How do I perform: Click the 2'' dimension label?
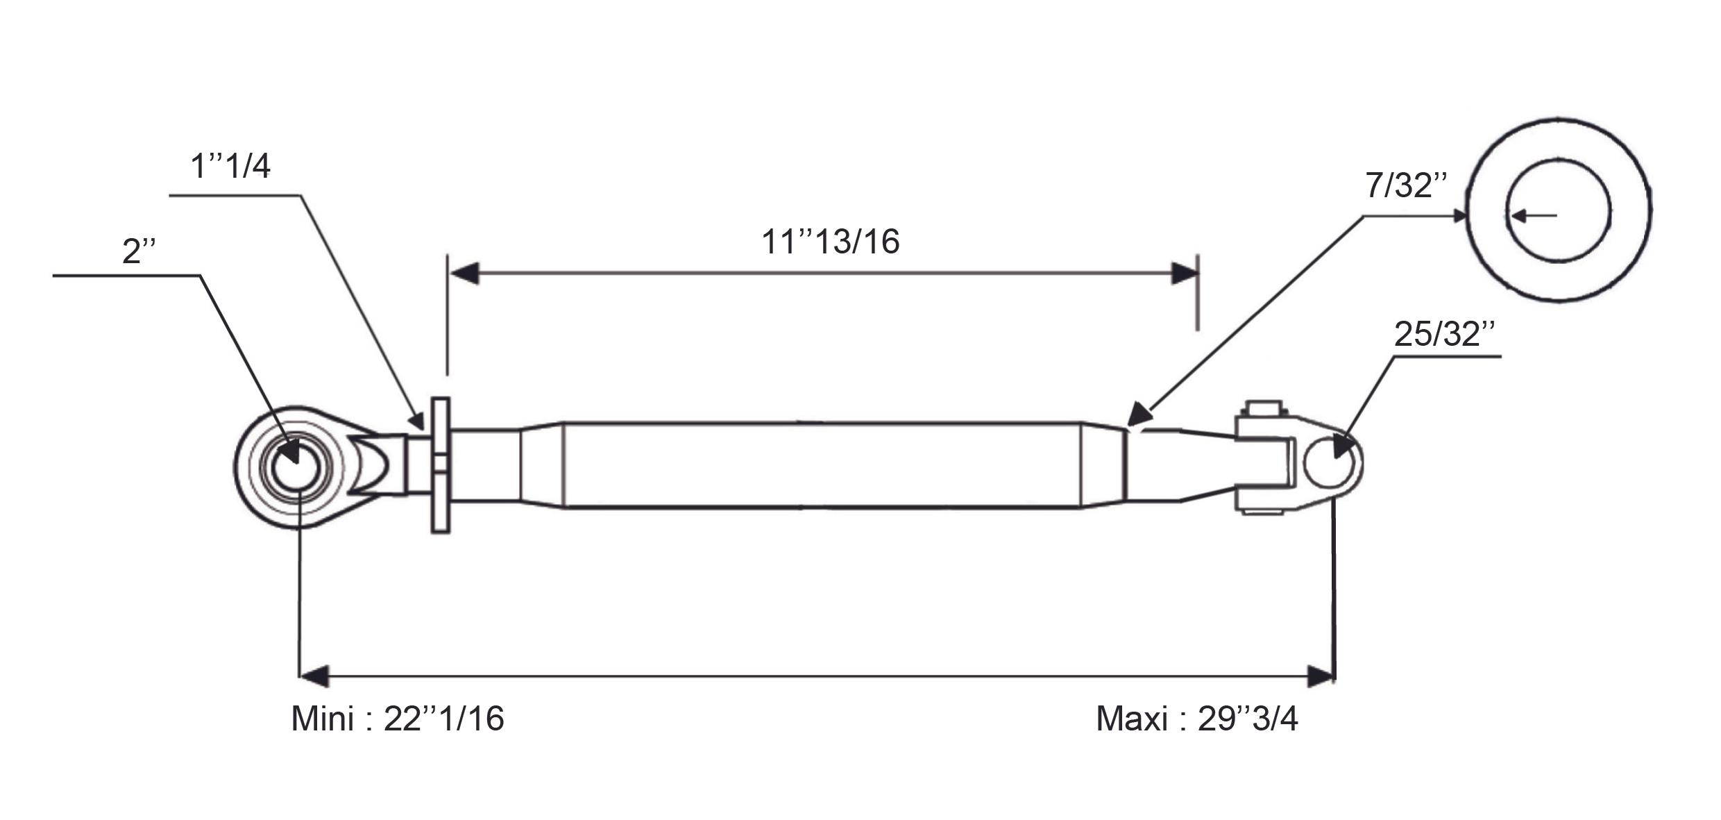[139, 251]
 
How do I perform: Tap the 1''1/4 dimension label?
[230, 167]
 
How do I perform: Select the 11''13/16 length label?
[831, 242]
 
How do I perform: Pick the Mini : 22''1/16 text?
[398, 719]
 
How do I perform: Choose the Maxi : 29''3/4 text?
[1197, 719]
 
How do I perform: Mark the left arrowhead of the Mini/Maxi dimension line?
[314, 676]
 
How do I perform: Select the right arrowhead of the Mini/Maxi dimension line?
[1321, 676]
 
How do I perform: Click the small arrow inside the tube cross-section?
[1534, 216]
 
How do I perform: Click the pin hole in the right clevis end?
[1329, 462]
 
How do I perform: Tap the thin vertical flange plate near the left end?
[441, 465]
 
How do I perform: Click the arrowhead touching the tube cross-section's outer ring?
[1459, 216]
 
